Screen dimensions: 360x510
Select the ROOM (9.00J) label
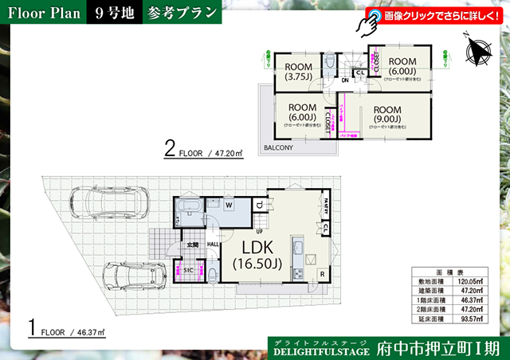pos(387,115)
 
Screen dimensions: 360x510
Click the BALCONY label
pos(278,148)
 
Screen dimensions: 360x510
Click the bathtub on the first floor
pos(188,211)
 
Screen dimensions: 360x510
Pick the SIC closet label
pos(189,271)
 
